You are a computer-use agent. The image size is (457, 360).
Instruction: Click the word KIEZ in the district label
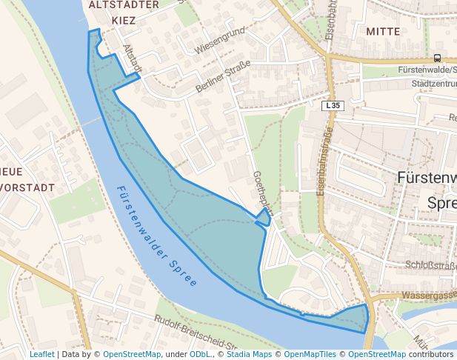click(x=124, y=21)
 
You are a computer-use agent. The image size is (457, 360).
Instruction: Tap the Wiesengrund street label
click(x=219, y=42)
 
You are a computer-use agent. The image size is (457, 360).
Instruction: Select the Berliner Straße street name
click(x=223, y=76)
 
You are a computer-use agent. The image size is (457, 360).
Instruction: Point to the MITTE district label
click(x=382, y=32)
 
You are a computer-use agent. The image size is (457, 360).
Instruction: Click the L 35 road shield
click(x=333, y=106)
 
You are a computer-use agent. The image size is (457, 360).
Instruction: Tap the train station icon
click(x=437, y=57)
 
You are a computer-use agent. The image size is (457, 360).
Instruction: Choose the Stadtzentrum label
click(x=434, y=84)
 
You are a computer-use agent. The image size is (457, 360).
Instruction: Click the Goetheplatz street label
click(x=263, y=193)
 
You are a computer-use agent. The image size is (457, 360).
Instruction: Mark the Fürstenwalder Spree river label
click(x=157, y=236)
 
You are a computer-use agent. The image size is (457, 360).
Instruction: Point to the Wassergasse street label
click(x=428, y=296)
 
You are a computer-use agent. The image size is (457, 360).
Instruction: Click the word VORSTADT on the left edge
click(x=27, y=187)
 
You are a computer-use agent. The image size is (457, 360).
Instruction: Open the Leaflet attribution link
click(x=42, y=354)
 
